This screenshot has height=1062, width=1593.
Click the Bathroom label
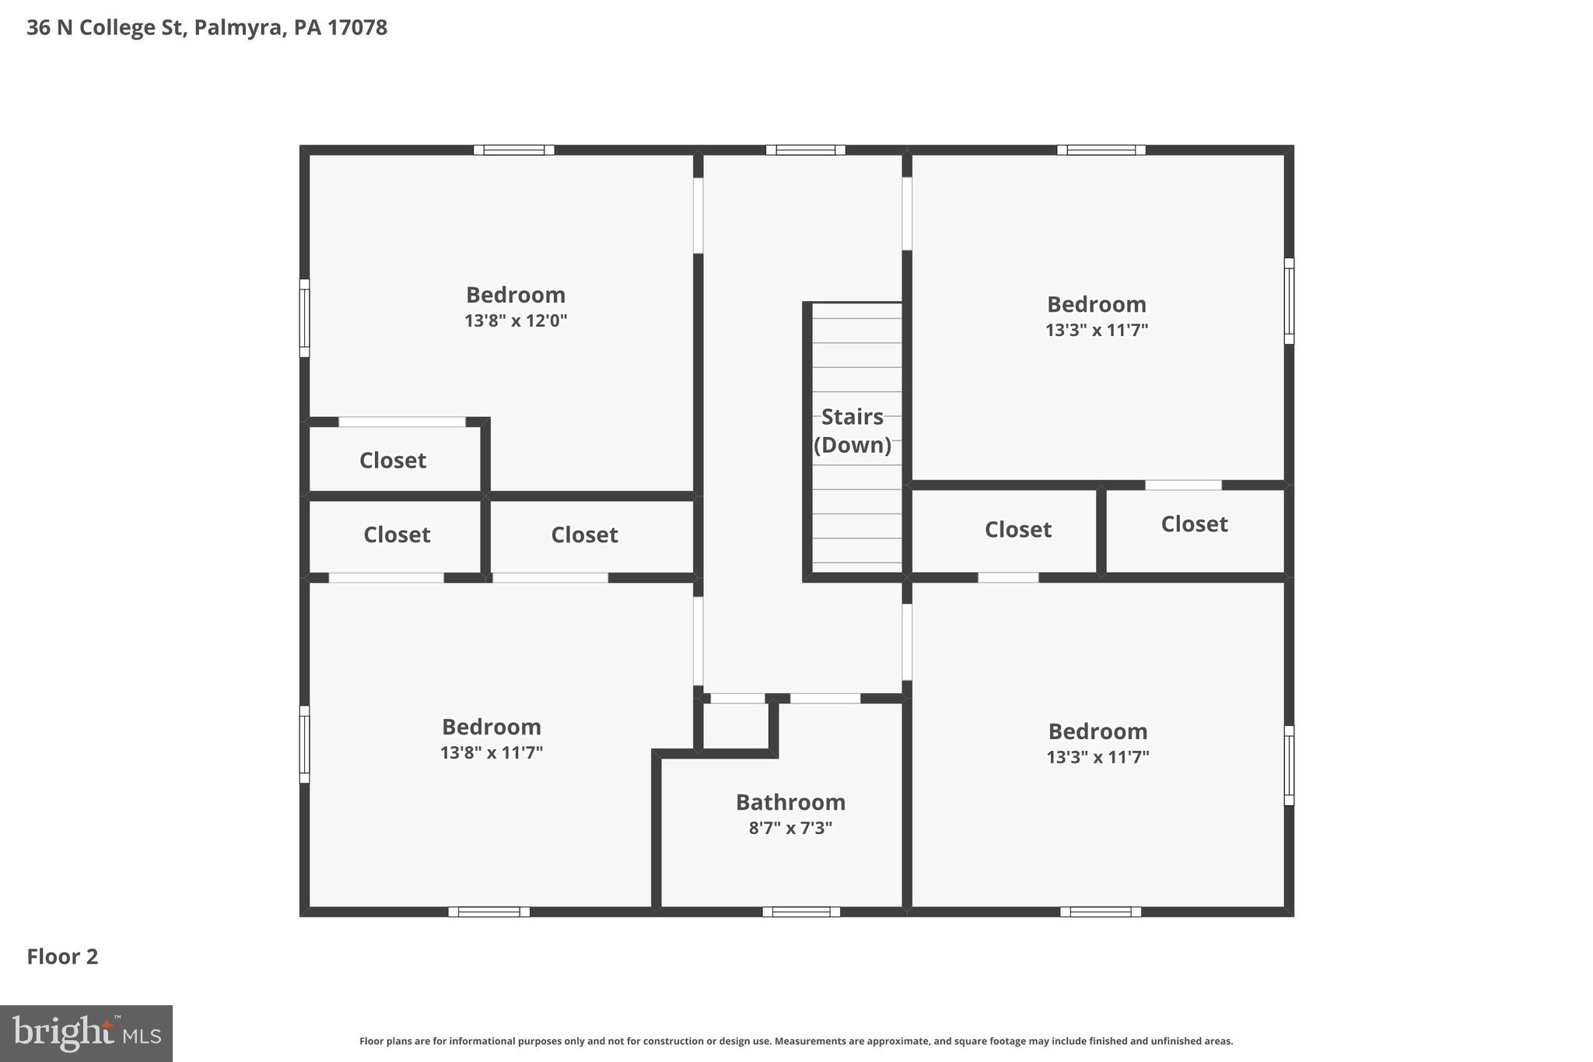pos(790,802)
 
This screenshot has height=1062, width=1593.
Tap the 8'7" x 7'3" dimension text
pos(790,828)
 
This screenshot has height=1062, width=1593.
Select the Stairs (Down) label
pos(853,431)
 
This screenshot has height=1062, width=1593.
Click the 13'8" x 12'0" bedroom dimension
pos(516,321)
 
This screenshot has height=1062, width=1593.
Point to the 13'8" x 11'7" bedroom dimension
pos(492,752)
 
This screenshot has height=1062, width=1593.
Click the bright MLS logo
pos(86,1033)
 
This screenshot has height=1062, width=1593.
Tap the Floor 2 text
pos(62,956)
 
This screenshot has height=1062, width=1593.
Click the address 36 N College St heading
pos(207,28)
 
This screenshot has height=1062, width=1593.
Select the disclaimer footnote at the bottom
pos(796,1041)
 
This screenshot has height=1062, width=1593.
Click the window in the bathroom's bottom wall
pos(801,912)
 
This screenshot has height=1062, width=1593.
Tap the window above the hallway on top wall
pos(805,150)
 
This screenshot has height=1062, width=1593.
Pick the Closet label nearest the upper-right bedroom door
pos(1194,524)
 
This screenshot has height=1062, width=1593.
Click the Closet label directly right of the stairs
pos(1017,530)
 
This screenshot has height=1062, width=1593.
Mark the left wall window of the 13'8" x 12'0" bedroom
pos(305,318)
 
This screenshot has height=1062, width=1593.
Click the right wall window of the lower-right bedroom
pos(1288,766)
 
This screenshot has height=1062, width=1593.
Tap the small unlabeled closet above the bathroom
pos(734,725)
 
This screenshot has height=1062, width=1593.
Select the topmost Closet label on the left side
pos(393,461)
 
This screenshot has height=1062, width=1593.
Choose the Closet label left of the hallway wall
pos(584,535)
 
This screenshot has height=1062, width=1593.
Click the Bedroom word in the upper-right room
pos(1096,304)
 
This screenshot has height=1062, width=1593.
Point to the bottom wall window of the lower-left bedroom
pos(488,912)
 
